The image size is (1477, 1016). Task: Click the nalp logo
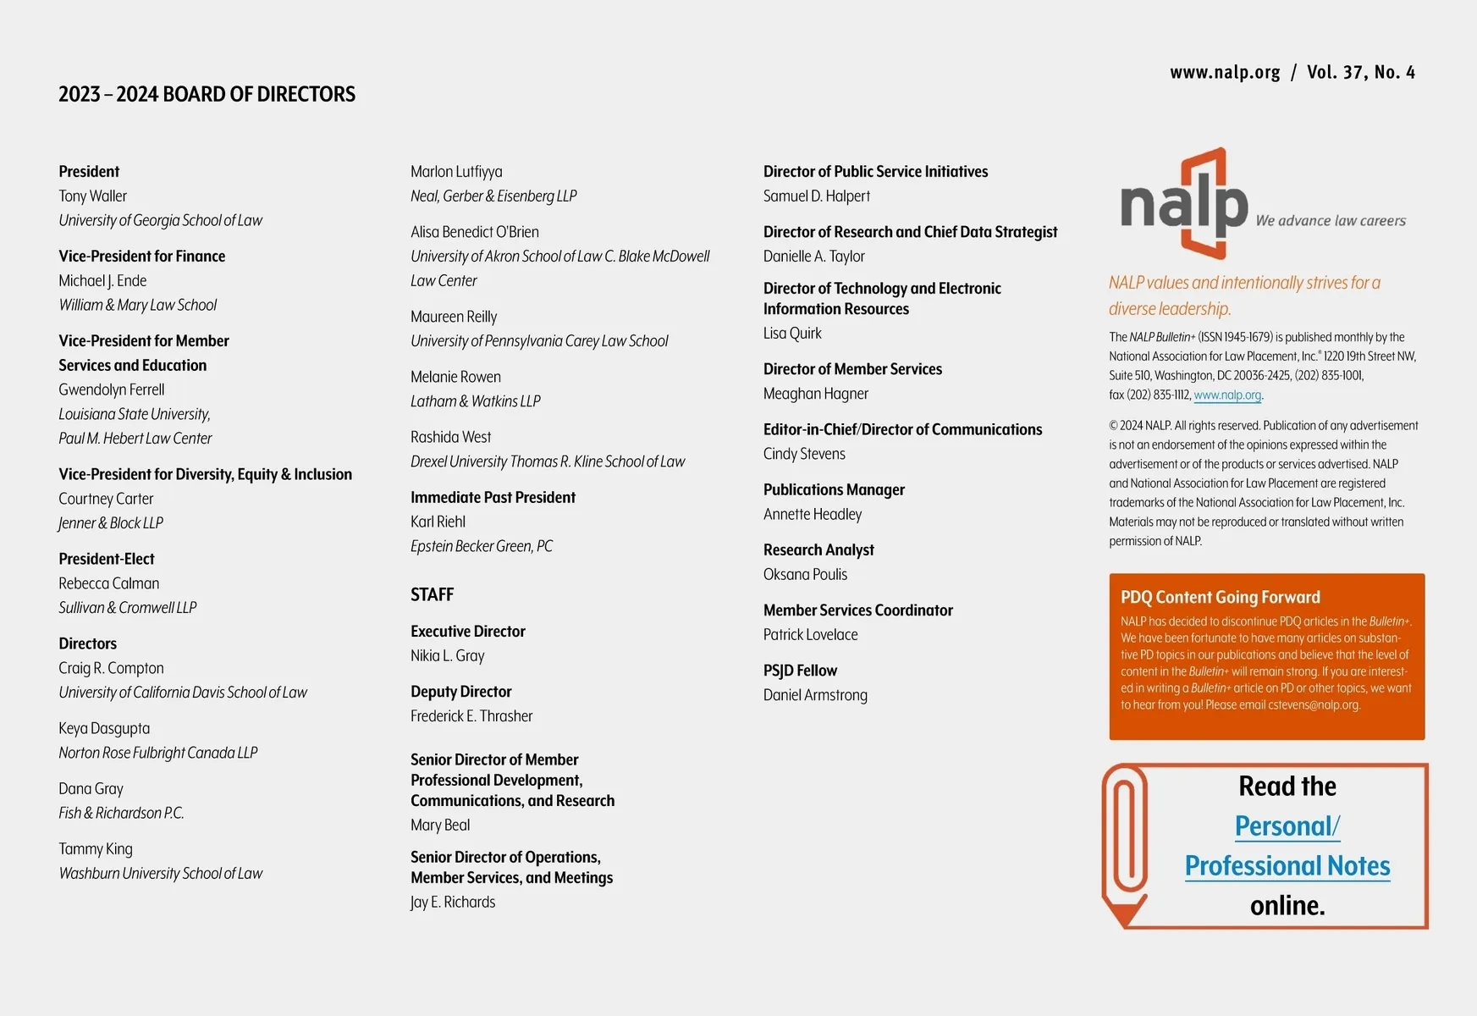(1184, 204)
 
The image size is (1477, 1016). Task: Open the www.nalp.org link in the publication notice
(1227, 395)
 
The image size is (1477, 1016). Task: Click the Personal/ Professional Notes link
(1287, 846)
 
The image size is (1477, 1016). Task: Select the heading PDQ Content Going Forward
(1220, 597)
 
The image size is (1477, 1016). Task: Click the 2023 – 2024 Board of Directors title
(207, 94)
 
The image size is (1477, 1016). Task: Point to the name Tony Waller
(92, 196)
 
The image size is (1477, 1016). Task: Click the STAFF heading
(432, 594)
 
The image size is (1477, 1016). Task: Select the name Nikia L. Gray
(447, 655)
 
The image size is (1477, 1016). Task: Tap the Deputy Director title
(460, 692)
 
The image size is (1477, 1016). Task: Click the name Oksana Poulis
(805, 574)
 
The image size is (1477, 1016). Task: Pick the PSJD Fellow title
(800, 671)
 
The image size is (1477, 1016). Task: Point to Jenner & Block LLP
(111, 523)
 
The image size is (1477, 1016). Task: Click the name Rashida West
(450, 437)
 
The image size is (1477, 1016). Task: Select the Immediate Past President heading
(493, 498)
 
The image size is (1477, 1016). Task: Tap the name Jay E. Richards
(453, 902)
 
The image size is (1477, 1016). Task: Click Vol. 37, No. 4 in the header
(1360, 73)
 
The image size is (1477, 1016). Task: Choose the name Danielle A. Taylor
(813, 257)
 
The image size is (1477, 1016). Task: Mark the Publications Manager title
(834, 490)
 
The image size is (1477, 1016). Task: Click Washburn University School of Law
(161, 874)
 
